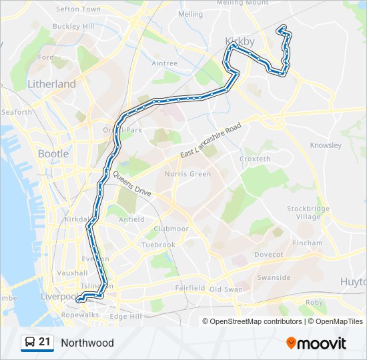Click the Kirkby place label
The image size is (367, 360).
(x=240, y=41)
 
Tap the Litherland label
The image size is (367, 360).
(x=51, y=84)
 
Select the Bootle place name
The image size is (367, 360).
(x=53, y=153)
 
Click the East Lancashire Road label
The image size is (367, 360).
(x=210, y=141)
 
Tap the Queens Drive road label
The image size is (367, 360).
(x=131, y=183)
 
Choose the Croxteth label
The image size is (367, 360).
(x=255, y=159)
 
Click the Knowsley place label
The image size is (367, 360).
(x=326, y=145)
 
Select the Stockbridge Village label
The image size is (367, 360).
(x=308, y=213)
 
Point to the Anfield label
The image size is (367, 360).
(x=131, y=219)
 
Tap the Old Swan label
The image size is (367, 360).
(x=225, y=289)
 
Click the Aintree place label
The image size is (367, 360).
(x=164, y=64)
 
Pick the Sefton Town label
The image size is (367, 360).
(x=78, y=9)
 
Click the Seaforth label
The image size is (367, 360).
(x=17, y=112)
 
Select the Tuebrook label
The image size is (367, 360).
(x=158, y=245)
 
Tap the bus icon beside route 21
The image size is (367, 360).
(x=29, y=343)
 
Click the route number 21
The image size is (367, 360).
(x=45, y=343)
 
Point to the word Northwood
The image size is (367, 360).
(x=87, y=343)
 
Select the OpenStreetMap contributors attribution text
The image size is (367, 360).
(x=256, y=321)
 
